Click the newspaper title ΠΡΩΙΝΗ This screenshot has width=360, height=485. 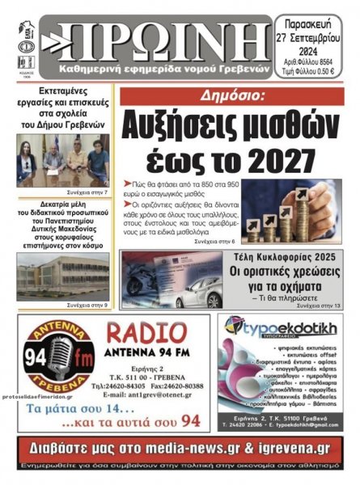[x=158, y=34]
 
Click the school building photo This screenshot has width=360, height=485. [x=62, y=276]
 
